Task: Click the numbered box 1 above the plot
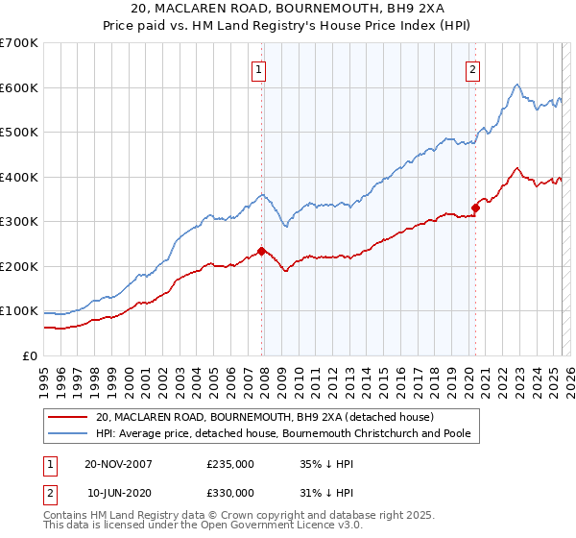pos(259,68)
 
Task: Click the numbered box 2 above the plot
pos(474,68)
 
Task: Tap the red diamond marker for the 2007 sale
pos(262,251)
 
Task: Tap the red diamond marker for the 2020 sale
pos(475,208)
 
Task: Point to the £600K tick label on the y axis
pos(19,87)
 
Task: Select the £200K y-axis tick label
pos(19,266)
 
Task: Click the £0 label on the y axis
pos(29,355)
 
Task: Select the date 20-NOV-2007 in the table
pos(118,464)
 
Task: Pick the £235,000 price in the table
pos(230,464)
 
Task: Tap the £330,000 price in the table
pos(230,493)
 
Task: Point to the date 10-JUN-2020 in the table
pos(118,493)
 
